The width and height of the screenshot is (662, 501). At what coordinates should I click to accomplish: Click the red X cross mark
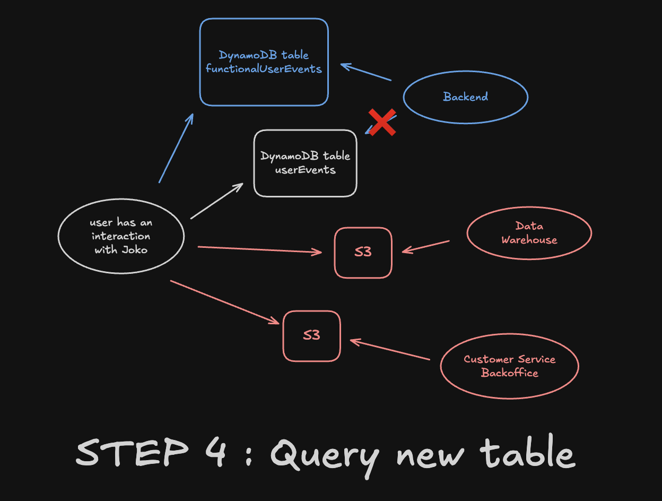pos(382,123)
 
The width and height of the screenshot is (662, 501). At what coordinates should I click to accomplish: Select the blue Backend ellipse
pos(465,97)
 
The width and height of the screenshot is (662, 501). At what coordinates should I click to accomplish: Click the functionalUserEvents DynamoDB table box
pos(264,62)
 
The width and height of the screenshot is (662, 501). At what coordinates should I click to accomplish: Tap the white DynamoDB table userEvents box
pos(305,163)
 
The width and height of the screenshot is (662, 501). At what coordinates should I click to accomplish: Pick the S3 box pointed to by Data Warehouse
pos(363,253)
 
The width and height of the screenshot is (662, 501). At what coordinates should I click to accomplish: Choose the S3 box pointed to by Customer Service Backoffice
pos(311,336)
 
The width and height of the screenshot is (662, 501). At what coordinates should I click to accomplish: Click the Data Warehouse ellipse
pos(529,233)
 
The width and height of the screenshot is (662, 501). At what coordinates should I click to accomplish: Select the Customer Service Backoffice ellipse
pos(509,366)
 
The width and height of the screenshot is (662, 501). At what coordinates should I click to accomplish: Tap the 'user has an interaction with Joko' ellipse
pos(121,236)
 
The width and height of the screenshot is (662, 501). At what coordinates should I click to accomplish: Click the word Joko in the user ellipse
pos(135,249)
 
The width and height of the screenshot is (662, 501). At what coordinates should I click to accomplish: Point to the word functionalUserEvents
pos(264,69)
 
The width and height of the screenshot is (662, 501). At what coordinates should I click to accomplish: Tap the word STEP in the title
pos(132,453)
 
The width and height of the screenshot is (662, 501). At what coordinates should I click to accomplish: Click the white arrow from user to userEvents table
pos(216,201)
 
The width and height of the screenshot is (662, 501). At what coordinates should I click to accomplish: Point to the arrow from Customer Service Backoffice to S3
pos(390,350)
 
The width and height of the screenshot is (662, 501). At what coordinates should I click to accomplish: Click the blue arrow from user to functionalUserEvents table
pos(176,148)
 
